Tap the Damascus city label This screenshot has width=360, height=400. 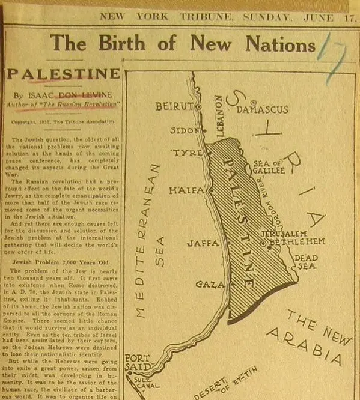tap(262, 110)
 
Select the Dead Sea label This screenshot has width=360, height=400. tap(306, 262)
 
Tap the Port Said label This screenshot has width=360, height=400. tap(137, 363)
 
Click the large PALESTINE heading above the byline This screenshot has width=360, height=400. tap(63, 74)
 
